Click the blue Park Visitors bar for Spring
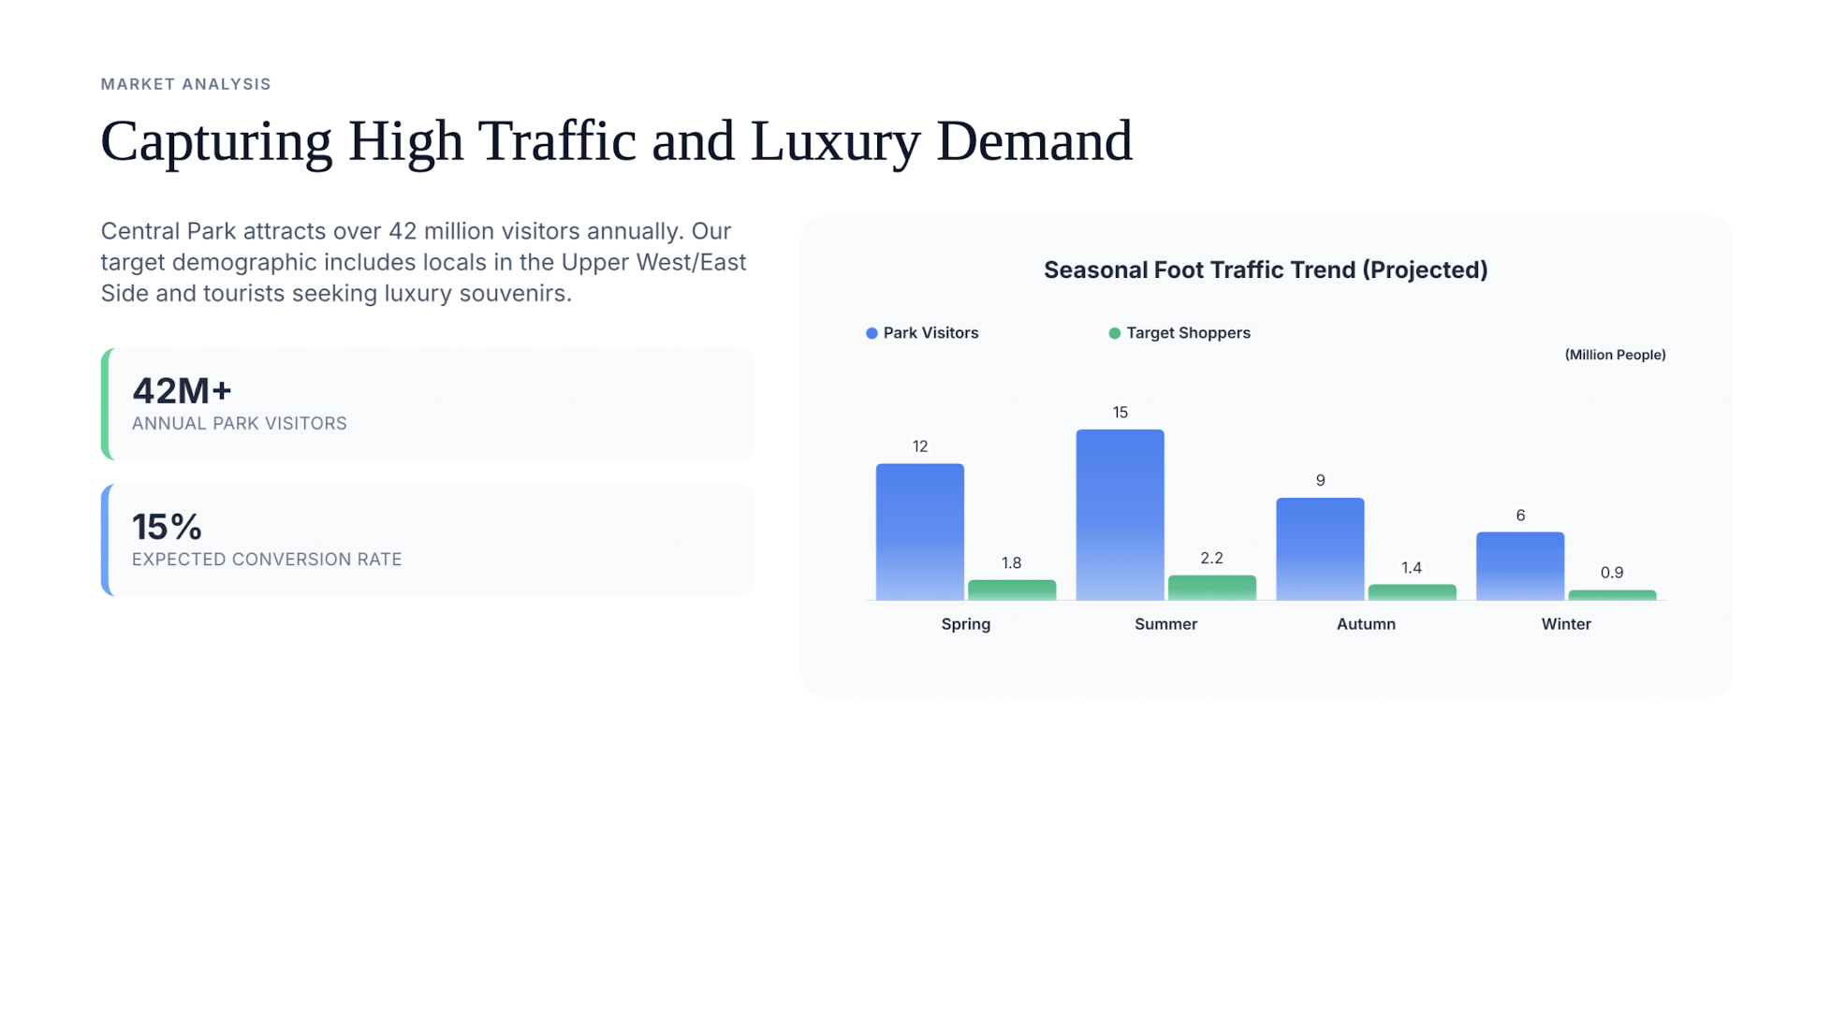919,532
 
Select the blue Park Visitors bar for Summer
1120,515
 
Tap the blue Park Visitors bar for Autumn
1320,548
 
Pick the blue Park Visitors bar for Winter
1519,565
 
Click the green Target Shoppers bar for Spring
1011,590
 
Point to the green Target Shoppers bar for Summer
1211,587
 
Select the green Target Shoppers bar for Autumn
1412,591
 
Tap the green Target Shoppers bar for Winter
1611,594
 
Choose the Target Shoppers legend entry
1179,333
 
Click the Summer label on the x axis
1165,624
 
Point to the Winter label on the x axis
1565,624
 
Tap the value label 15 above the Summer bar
1120,413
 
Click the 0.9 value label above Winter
1611,573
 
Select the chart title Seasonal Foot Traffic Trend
1265,270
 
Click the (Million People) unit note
1615,355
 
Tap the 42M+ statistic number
182,391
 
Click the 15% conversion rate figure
167,528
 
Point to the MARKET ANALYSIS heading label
185,84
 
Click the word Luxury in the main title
835,142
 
